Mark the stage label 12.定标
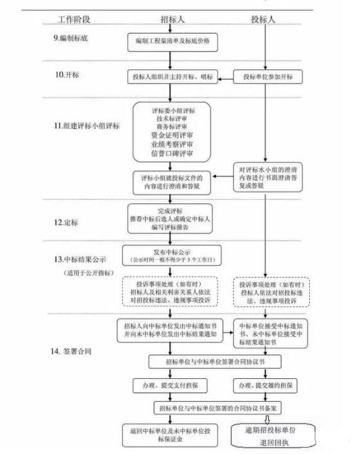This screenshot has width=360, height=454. pos(67,222)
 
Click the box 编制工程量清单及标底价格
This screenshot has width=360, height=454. pos(172,42)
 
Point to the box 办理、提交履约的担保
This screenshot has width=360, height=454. pos(267,386)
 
